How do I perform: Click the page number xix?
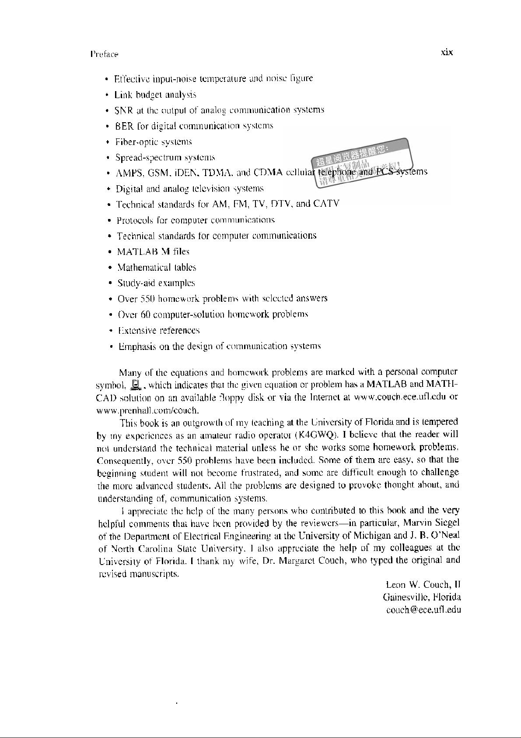pos(447,53)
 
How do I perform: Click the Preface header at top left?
pos(104,54)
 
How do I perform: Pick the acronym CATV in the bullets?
pos(326,204)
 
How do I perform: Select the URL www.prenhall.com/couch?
pos(148,411)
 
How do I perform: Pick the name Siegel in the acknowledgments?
pos(447,523)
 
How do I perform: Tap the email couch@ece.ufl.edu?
pos(423,610)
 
